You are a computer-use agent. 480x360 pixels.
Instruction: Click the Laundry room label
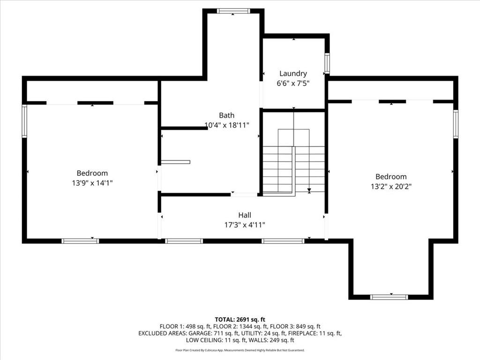[x=293, y=74]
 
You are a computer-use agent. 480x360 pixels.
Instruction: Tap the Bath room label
[x=226, y=115]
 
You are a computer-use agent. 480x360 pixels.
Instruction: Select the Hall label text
[x=245, y=215]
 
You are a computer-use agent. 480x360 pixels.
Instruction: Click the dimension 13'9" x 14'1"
[x=92, y=183]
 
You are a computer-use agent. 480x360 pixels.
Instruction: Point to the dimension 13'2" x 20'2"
[x=391, y=187]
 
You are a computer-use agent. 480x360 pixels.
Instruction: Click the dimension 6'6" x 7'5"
[x=293, y=83]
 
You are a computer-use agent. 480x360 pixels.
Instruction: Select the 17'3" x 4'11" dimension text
[x=245, y=225]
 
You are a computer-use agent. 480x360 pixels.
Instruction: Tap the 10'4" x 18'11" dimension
[x=226, y=125]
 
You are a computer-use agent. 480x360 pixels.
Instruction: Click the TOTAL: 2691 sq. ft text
[x=240, y=320]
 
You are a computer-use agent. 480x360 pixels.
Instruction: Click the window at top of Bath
[x=233, y=11]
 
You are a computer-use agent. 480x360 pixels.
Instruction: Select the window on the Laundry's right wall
[x=327, y=63]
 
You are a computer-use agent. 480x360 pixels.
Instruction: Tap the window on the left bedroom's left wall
[x=24, y=121]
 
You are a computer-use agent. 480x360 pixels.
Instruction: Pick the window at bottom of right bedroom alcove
[x=389, y=297]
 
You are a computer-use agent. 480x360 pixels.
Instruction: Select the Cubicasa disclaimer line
[x=240, y=350]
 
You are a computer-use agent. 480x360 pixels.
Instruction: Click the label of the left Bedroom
[x=92, y=173]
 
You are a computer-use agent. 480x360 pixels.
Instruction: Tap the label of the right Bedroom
[x=391, y=177]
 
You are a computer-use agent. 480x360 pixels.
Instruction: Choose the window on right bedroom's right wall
[x=456, y=124]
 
